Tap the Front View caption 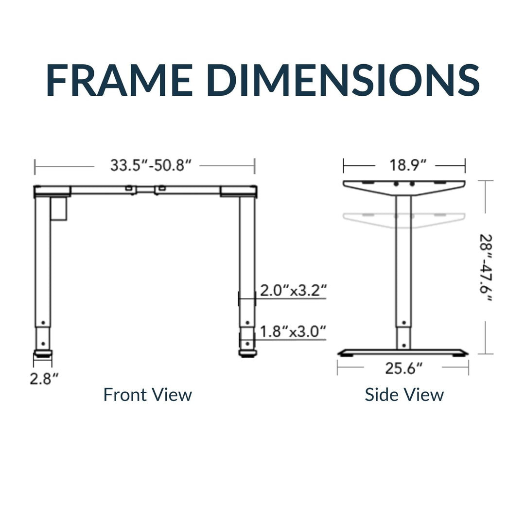click(147, 395)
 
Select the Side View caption click(404, 395)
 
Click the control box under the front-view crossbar click(58, 209)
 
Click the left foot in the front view click(43, 354)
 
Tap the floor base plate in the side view click(403, 352)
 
